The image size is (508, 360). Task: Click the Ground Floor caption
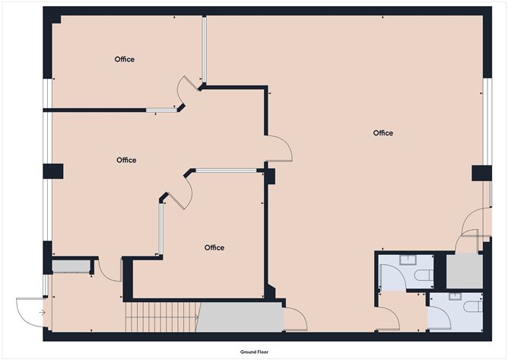254,352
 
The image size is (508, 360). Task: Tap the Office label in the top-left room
125,59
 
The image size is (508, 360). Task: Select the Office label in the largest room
383,133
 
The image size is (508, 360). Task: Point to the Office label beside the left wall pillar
126,160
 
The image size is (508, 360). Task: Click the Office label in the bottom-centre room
214,248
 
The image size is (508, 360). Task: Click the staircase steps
162,317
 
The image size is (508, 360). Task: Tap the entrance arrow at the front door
42,313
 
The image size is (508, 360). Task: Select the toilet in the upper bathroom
424,276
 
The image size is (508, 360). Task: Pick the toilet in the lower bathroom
473,307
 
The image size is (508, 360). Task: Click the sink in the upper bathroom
408,260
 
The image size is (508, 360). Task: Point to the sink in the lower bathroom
457,296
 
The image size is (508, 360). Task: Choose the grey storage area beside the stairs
240,317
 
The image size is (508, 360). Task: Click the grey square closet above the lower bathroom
465,271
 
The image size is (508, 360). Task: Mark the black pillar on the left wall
53,171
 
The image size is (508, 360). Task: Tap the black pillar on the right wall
481,174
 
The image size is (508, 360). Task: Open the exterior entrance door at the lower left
30,312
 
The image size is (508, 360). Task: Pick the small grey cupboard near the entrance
71,266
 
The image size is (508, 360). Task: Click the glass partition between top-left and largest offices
205,49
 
